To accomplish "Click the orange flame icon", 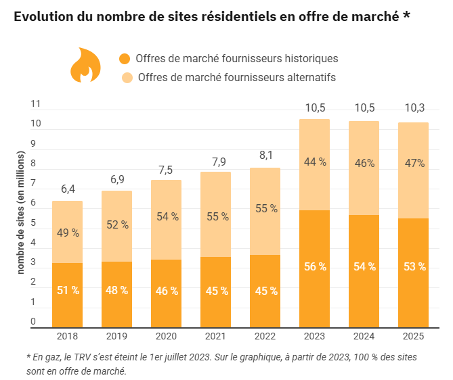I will point(85,66).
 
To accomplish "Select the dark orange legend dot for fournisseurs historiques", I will point(125,59).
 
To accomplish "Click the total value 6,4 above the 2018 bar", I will point(68,189).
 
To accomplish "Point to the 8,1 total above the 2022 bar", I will point(265,155).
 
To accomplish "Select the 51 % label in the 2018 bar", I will point(68,290).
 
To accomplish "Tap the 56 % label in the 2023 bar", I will point(314,266).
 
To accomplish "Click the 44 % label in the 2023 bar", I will point(314,162).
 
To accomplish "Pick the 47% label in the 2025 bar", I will point(413,163).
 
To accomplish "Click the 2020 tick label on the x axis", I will point(166,336).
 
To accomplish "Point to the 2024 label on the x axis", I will point(364,336).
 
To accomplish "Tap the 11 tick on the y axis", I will point(36,104).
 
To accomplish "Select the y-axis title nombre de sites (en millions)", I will point(20,212).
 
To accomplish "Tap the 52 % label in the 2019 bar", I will point(116,224).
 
